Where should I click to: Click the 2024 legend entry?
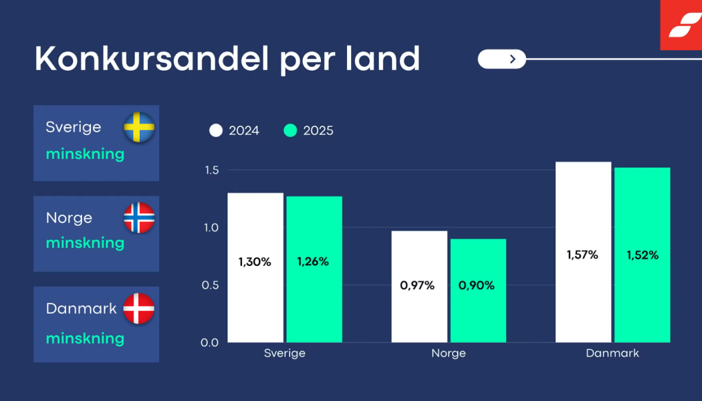pos(235,130)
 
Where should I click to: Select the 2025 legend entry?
pos(309,130)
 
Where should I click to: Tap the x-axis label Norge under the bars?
pos(449,354)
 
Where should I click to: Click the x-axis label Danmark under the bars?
pos(612,354)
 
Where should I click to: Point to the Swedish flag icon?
pos(139,127)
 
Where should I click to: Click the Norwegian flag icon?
pos(139,218)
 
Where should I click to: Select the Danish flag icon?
pos(139,309)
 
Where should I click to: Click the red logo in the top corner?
pos(681,25)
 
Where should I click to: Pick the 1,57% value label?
pos(582,255)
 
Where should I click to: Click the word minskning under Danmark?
pos(85,338)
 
